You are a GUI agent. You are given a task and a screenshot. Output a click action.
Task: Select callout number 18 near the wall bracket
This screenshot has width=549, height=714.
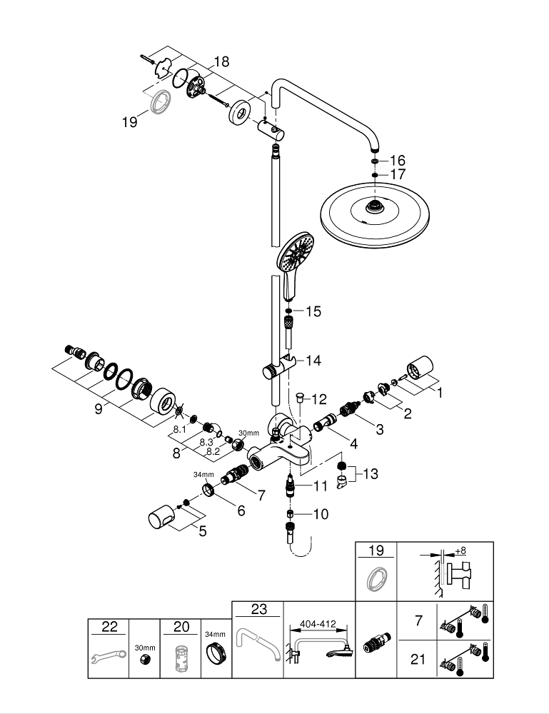click(221, 62)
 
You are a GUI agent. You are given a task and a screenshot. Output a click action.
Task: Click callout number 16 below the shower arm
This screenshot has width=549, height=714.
click(398, 160)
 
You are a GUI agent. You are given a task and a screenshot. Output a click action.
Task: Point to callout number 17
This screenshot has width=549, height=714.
click(398, 174)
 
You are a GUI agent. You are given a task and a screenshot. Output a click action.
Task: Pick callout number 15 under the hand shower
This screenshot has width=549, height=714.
click(313, 311)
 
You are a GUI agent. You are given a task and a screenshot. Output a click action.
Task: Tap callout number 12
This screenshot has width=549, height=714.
click(318, 398)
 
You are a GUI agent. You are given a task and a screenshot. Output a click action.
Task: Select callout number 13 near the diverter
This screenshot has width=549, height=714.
click(371, 473)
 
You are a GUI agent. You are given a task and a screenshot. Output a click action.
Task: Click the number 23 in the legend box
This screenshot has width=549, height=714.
click(258, 610)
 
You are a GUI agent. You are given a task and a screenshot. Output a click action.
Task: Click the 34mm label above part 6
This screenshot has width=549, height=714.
click(203, 474)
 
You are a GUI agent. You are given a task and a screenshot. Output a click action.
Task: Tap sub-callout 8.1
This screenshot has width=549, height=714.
click(179, 429)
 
